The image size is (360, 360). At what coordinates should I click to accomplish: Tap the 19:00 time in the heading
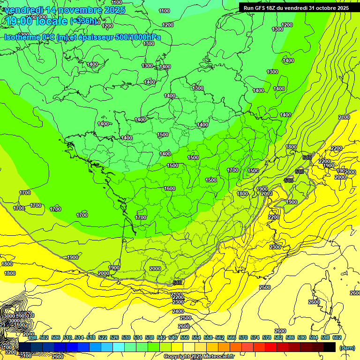pos(19,22)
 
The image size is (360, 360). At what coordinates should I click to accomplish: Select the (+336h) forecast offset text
pos(83,22)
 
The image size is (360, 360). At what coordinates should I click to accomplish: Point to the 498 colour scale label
pos(32,337)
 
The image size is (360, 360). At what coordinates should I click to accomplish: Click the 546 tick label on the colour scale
pos(173,337)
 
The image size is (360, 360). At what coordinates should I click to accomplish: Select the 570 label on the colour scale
pos(243,337)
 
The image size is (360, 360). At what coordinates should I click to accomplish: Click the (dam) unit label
pos(346,348)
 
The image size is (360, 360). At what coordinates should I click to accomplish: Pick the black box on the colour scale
pos(330,347)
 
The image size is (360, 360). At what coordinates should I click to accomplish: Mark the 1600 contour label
pos(170,188)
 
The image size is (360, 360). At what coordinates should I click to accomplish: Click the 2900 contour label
pos(58,357)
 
